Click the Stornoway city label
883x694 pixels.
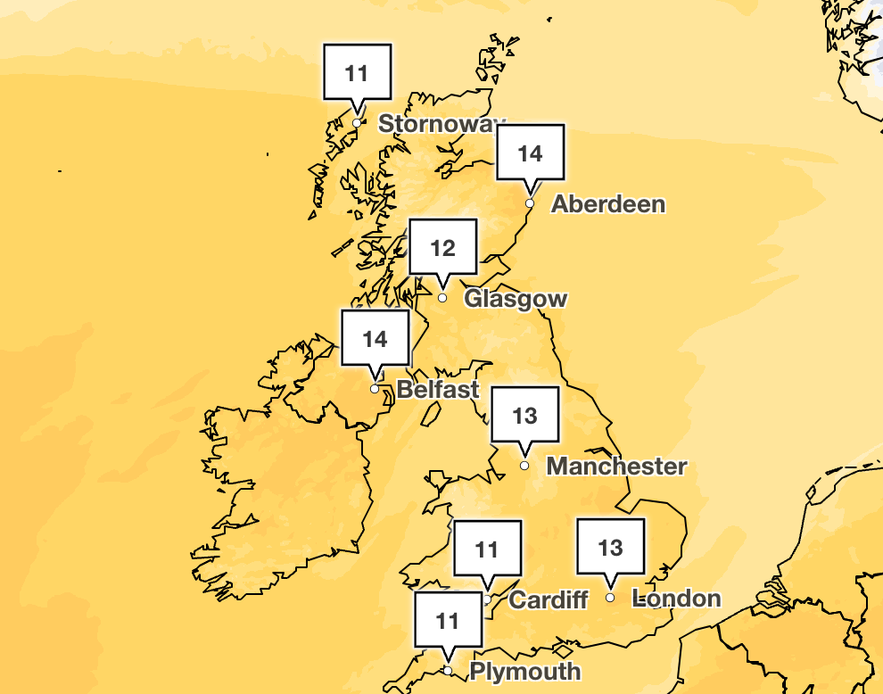click(441, 123)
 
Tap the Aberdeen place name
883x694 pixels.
click(608, 203)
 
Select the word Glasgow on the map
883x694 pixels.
click(516, 298)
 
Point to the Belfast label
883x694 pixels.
click(438, 389)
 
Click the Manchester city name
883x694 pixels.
click(616, 466)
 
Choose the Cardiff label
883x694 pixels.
click(548, 599)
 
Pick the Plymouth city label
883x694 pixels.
click(524, 671)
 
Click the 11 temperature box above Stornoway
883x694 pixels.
click(356, 72)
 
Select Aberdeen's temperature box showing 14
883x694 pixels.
click(530, 153)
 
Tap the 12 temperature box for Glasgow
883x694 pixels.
click(443, 247)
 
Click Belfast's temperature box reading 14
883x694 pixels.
click(375, 339)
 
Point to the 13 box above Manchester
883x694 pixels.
click(525, 415)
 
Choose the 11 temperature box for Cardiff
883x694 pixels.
click(487, 549)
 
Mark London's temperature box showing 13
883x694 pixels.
click(610, 546)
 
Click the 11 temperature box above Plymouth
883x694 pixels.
click(448, 619)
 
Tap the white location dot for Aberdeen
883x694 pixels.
click(530, 203)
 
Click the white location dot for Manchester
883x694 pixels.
click(524, 466)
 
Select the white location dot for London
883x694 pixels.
click(610, 598)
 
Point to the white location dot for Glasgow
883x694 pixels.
click(442, 298)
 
